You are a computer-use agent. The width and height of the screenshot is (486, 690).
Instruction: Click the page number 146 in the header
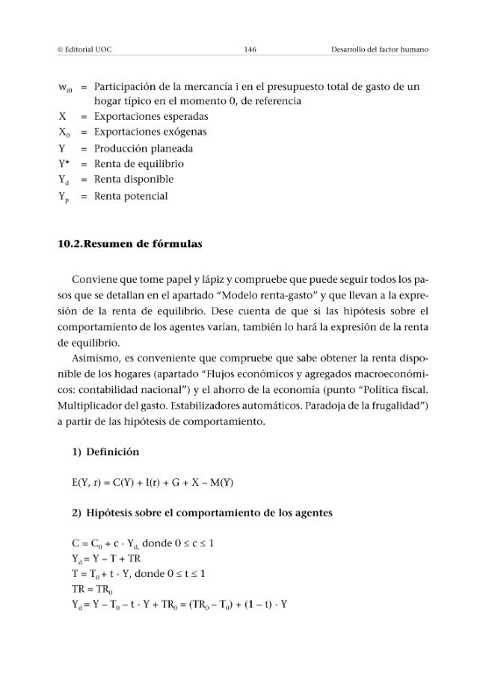[250, 49]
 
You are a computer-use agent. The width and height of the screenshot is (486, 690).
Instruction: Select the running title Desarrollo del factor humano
[379, 49]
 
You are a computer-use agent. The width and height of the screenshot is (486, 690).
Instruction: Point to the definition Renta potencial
[130, 196]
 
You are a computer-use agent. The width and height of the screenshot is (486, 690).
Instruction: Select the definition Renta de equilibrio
[138, 164]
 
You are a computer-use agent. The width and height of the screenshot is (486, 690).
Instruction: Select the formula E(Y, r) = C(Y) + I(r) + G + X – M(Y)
[153, 483]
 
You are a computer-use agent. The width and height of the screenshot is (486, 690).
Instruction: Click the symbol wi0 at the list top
[66, 88]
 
